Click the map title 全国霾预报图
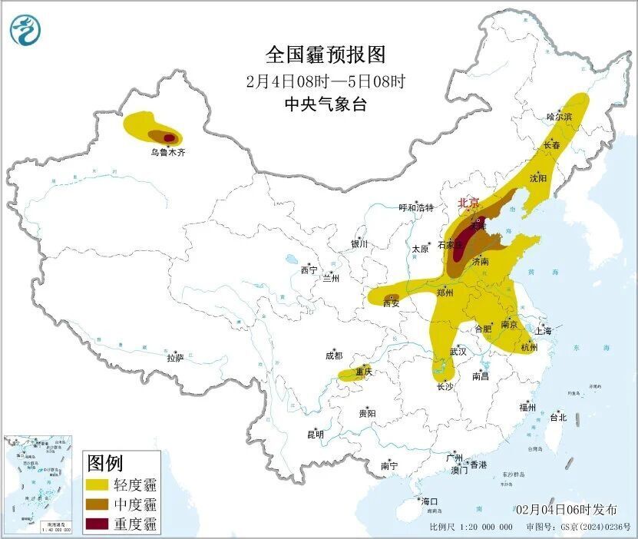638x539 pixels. [325, 55]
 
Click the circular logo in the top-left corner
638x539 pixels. [25, 30]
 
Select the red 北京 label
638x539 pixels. [468, 203]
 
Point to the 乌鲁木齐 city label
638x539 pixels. [167, 153]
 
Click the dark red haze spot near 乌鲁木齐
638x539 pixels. [169, 138]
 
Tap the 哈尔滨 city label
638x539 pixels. [559, 117]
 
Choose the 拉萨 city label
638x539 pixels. [175, 358]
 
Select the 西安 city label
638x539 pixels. [392, 303]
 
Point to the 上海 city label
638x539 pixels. [544, 331]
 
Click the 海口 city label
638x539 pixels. [429, 501]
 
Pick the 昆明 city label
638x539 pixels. [316, 435]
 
